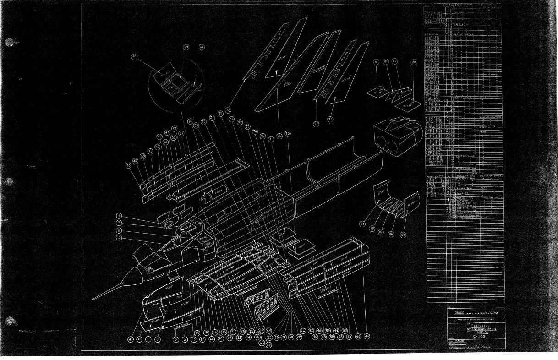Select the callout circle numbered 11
click(x=119, y=216)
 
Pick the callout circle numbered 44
click(x=367, y=336)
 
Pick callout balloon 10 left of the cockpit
click(x=119, y=238)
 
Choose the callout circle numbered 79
click(x=376, y=61)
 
